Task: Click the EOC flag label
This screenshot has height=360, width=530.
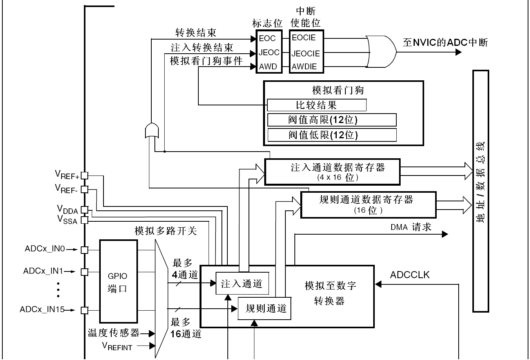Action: [x=267, y=38]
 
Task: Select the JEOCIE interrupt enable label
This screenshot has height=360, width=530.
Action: [x=306, y=54]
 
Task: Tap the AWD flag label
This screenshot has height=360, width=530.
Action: [x=268, y=67]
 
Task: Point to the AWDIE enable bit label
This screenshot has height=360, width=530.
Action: [x=304, y=67]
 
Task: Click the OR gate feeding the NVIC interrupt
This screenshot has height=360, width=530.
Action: [x=381, y=52]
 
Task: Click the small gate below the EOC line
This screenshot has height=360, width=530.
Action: [x=152, y=130]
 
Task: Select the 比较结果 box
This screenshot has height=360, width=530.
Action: [x=317, y=105]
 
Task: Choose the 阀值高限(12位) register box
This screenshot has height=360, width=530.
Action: [x=332, y=120]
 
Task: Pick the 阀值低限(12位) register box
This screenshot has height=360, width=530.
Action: [x=332, y=135]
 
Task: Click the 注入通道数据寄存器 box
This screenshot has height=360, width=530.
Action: [x=332, y=172]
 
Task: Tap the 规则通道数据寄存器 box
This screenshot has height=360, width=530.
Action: [x=368, y=205]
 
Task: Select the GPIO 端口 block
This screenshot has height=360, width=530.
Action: [x=118, y=281]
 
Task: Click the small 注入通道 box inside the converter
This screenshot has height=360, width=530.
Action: [x=242, y=283]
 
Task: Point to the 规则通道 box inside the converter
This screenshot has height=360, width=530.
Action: [x=264, y=308]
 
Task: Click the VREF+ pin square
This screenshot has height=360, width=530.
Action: [x=84, y=175]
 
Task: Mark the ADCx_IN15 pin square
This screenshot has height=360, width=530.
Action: [x=84, y=310]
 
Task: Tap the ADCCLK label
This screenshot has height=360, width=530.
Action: [x=410, y=275]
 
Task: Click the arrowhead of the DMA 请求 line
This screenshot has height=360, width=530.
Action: [x=445, y=234]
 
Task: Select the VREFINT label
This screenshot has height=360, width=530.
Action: [x=117, y=346]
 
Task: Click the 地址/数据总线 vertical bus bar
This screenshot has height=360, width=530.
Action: [x=481, y=191]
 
